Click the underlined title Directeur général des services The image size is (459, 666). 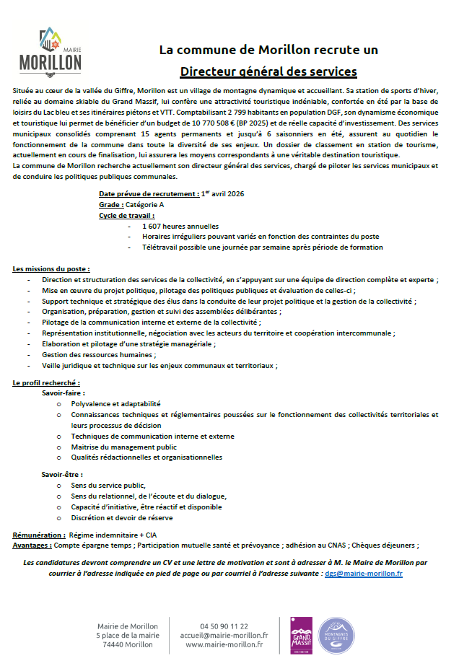pyautogui.click(x=268, y=71)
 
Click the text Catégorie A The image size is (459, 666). pyautogui.click(x=145, y=205)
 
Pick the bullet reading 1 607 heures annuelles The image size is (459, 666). pyautogui.click(x=170, y=226)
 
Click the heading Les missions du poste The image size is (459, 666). pyautogui.click(x=51, y=268)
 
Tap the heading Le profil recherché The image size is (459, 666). pyautogui.click(x=47, y=382)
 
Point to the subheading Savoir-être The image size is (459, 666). pyautogui.click(x=62, y=475)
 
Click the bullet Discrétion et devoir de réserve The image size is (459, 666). pyautogui.click(x=122, y=517)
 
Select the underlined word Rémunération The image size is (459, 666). pyautogui.click(x=39, y=535)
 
